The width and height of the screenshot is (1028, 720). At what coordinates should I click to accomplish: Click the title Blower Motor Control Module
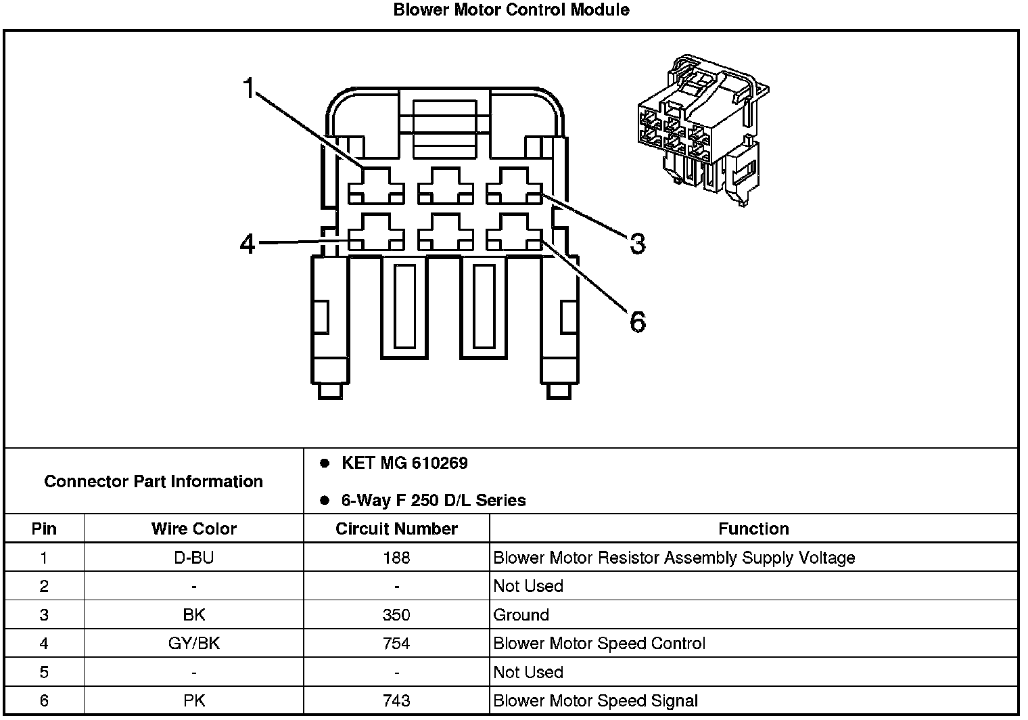coord(511,10)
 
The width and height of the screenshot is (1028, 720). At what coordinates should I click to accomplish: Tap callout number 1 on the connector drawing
coord(249,88)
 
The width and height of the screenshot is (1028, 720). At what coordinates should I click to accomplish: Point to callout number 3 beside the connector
coord(637,244)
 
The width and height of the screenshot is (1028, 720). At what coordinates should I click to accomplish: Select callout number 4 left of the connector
coord(248,244)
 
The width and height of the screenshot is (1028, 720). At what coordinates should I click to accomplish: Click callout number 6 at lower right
coord(637,321)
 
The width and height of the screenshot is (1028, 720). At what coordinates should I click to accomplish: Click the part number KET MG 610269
coord(404,464)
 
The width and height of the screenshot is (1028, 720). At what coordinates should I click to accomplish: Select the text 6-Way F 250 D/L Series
coord(433,501)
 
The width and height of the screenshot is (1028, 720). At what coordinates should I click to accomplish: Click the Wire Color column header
coord(194,528)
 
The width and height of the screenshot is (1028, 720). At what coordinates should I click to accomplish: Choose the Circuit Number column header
coord(396,528)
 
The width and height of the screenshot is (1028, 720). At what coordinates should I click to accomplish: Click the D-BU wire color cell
coord(194,558)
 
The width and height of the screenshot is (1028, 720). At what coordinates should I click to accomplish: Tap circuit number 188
coord(396,558)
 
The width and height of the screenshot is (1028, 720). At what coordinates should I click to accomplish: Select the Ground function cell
coord(521,615)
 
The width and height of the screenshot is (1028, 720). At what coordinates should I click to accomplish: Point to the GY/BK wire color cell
coord(194,644)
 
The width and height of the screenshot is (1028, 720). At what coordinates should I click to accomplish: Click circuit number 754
coord(396,644)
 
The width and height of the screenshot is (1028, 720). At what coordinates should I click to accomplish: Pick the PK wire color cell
coord(194,701)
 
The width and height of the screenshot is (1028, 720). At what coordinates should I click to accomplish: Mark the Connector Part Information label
coord(154,482)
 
